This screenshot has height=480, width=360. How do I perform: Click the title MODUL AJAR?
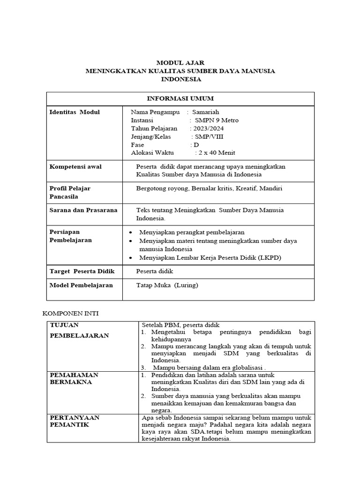(180, 62)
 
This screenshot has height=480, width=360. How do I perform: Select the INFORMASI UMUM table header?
(180, 98)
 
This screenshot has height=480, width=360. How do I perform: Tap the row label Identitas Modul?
(75, 112)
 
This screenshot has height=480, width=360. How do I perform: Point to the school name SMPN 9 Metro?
(217, 120)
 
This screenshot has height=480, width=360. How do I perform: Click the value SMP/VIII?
(210, 136)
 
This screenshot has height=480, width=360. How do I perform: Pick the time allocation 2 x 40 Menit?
(217, 153)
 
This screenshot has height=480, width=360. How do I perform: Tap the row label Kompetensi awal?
(75, 166)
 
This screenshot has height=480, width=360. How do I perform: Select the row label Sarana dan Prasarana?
(83, 210)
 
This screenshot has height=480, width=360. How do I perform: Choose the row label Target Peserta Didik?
(82, 271)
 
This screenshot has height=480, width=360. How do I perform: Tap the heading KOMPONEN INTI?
(70, 312)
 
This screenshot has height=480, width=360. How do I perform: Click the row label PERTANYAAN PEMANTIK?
(75, 421)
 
